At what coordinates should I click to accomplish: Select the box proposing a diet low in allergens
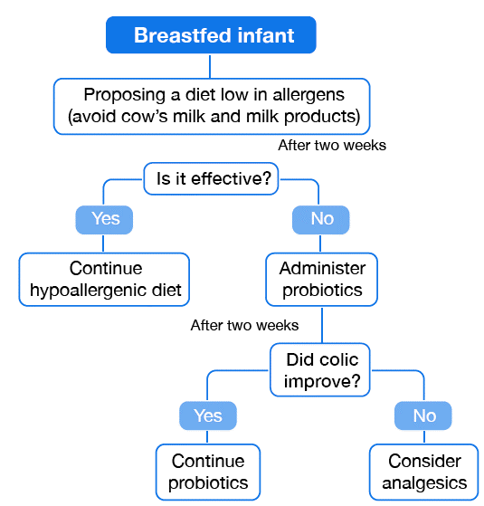pyautogui.click(x=213, y=105)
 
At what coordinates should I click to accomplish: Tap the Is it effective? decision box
pyautogui.click(x=214, y=178)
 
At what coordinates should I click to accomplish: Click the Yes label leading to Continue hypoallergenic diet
pyautogui.click(x=105, y=219)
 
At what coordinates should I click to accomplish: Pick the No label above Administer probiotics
pyautogui.click(x=320, y=219)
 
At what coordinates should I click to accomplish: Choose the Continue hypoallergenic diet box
pyautogui.click(x=106, y=279)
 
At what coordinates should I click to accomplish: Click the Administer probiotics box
pyautogui.click(x=321, y=279)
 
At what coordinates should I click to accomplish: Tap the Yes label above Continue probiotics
pyautogui.click(x=207, y=415)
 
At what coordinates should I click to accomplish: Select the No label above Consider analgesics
pyautogui.click(x=423, y=415)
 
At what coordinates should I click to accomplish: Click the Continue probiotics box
pyautogui.click(x=208, y=472)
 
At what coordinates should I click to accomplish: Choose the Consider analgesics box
pyautogui.click(x=424, y=472)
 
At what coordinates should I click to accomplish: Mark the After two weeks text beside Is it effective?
pyautogui.click(x=331, y=146)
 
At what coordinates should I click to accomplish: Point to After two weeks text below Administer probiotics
pyautogui.click(x=244, y=325)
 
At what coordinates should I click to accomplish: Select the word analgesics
pyautogui.click(x=424, y=482)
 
